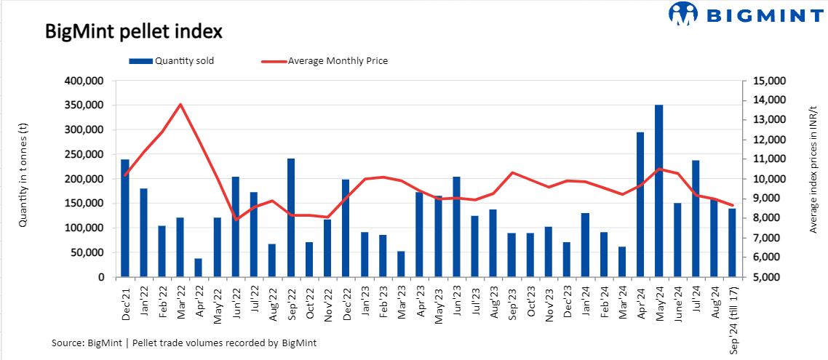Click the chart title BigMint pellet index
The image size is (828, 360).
pyautogui.click(x=133, y=32)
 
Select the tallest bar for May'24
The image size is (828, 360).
pyautogui.click(x=658, y=191)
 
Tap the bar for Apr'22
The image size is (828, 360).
pyautogui.click(x=199, y=268)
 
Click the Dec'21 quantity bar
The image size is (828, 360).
pyautogui.click(x=125, y=218)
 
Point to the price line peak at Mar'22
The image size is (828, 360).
pyautogui.click(x=180, y=104)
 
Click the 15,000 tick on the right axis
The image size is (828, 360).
pyautogui.click(x=763, y=81)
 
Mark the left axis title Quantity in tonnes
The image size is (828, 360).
pyautogui.click(x=23, y=178)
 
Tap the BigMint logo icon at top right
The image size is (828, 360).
pyautogui.click(x=682, y=13)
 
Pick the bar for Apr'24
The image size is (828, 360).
pyautogui.click(x=640, y=204)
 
